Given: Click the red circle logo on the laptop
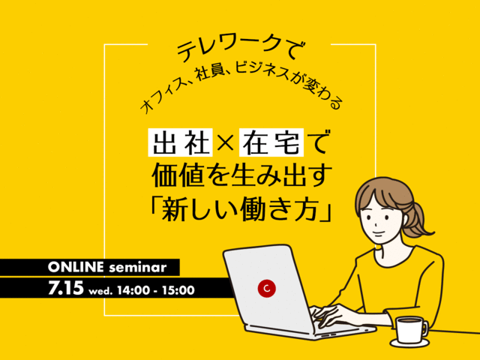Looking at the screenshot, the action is pyautogui.click(x=267, y=288).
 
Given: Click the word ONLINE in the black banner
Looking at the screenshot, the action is pyautogui.click(x=76, y=267).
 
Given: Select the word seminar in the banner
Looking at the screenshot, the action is pyautogui.click(x=138, y=268).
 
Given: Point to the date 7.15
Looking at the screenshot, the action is pyautogui.click(x=66, y=288).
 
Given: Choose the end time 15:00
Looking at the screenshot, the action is pyautogui.click(x=178, y=290).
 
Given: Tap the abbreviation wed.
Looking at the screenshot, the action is pyautogui.click(x=100, y=291).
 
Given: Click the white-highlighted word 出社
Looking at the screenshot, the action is pyautogui.click(x=180, y=142).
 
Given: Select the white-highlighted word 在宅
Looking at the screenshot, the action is pyautogui.click(x=273, y=142).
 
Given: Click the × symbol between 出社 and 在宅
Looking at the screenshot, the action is pyautogui.click(x=226, y=143).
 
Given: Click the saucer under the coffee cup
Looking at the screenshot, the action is pyautogui.click(x=410, y=342).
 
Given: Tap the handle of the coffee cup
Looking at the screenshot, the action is pyautogui.click(x=425, y=328).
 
